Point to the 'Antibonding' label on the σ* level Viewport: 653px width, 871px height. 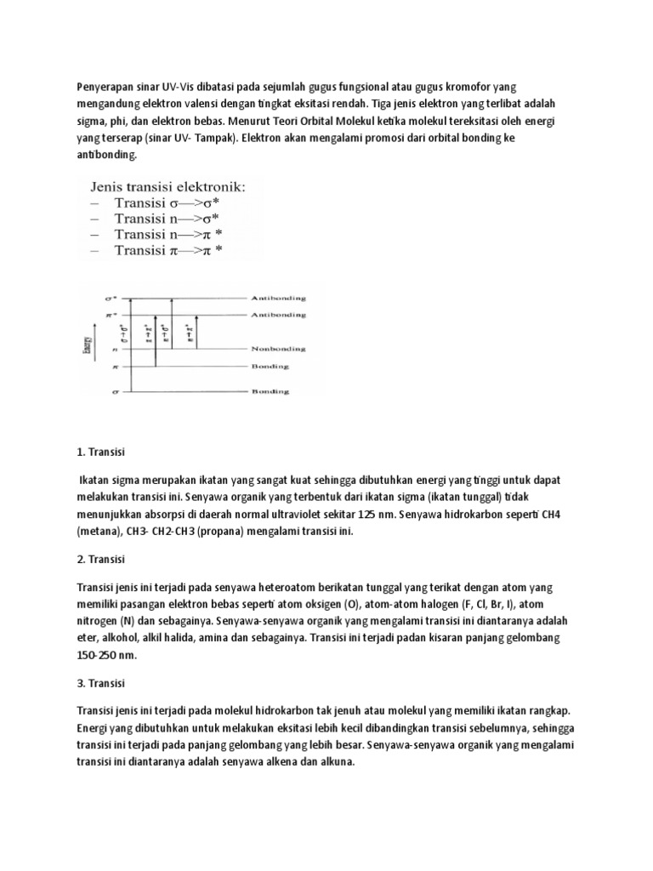coord(278,299)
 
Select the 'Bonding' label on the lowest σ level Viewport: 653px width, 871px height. coord(270,391)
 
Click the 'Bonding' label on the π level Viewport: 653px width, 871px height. coord(270,367)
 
